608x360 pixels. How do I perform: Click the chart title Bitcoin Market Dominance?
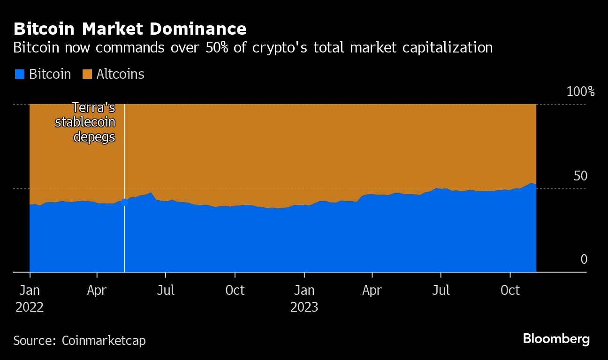[130, 29]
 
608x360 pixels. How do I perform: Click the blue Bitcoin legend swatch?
[19, 74]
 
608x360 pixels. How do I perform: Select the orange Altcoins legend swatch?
[87, 74]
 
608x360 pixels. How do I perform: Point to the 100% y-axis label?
[580, 91]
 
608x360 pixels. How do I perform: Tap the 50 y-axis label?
[580, 176]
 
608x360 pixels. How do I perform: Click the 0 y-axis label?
[584, 259]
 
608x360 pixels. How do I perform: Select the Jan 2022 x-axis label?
[30, 299]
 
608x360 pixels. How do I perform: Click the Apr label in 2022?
[97, 291]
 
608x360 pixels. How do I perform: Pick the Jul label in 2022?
[166, 291]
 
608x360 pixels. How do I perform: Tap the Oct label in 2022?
[235, 291]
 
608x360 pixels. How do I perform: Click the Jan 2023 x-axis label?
[304, 299]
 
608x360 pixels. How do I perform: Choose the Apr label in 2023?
[372, 291]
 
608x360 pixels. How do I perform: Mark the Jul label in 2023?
[441, 291]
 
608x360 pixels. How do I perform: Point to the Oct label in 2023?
[510, 291]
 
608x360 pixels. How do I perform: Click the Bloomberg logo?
[556, 339]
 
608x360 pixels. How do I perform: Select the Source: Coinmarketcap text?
[79, 340]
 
